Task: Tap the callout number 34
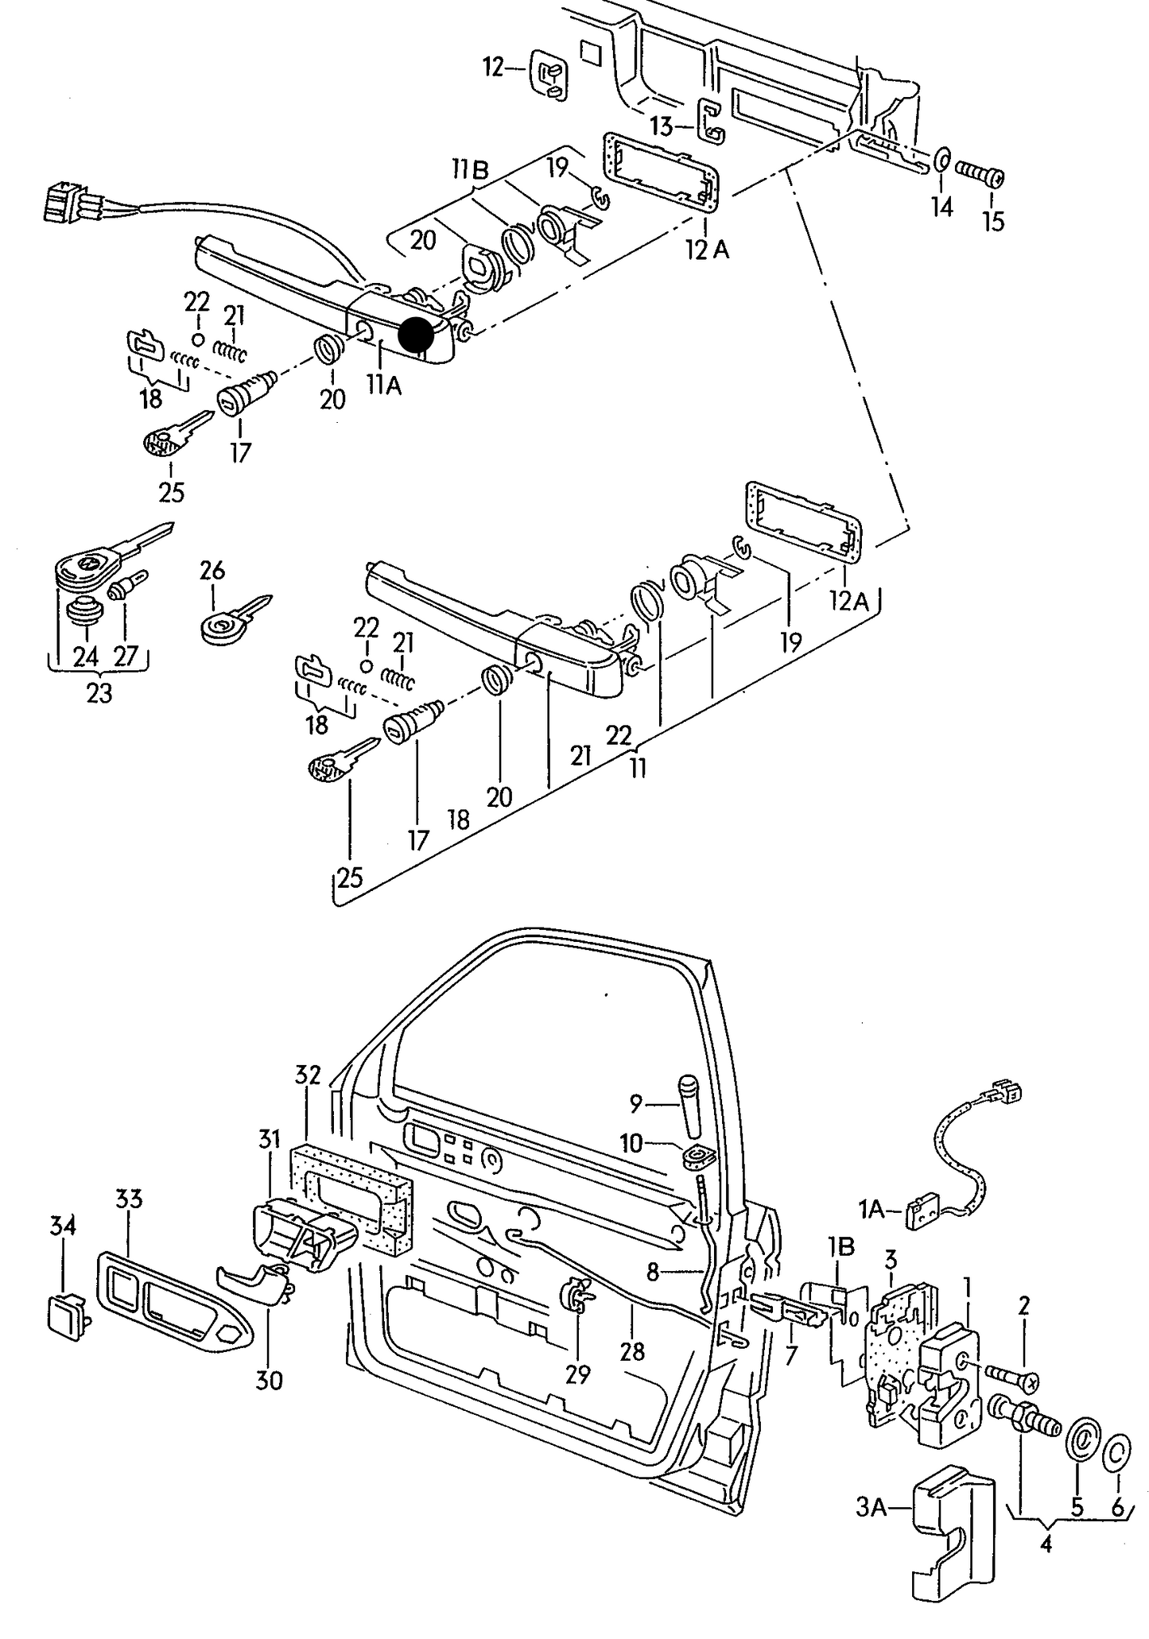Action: click(63, 1226)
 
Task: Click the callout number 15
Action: click(993, 220)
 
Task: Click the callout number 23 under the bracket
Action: click(99, 693)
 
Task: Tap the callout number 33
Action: click(129, 1199)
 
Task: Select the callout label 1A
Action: click(871, 1210)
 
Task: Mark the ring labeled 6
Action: click(1117, 1453)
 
